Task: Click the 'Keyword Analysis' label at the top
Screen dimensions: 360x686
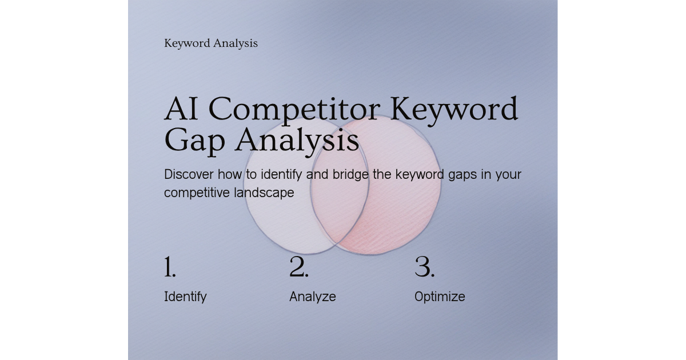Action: coord(210,43)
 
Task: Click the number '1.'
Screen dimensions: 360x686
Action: coord(170,267)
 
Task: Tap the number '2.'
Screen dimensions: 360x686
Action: coord(298,267)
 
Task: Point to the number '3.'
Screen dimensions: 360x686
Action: coord(424,267)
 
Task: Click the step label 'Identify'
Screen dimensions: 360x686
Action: coord(185,297)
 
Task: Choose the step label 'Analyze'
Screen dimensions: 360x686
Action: coord(312,297)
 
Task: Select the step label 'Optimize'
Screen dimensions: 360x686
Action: coord(439,297)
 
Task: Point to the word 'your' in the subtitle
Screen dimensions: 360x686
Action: coord(508,174)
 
